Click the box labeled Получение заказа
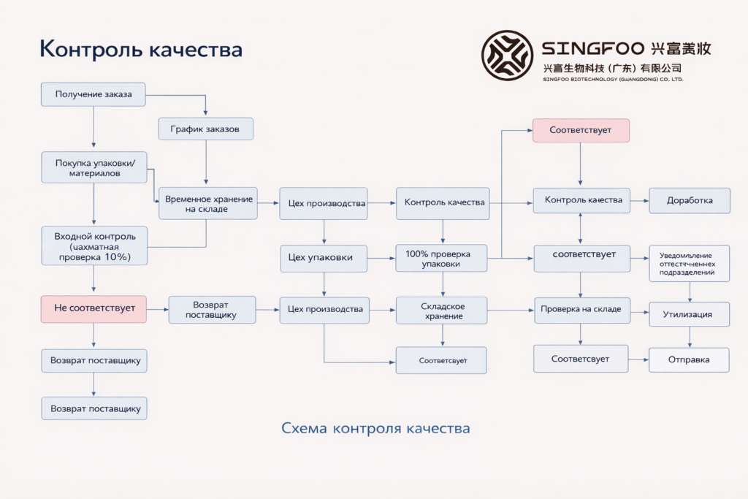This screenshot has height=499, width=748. click(x=93, y=94)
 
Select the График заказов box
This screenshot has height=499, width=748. click(x=206, y=129)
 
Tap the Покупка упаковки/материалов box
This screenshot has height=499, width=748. click(x=93, y=168)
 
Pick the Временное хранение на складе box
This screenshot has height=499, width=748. click(x=208, y=204)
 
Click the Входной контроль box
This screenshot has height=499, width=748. click(x=93, y=246)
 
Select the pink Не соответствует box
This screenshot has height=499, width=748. click(x=93, y=308)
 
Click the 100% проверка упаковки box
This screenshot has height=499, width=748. click(x=441, y=258)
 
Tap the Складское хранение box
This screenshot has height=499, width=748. click(x=441, y=311)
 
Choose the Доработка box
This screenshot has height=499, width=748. click(x=689, y=200)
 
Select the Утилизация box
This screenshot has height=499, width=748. click(x=689, y=314)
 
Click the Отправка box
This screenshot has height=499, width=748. click(x=689, y=359)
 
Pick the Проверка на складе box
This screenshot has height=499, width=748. click(x=581, y=309)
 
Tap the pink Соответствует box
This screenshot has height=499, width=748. click(x=581, y=130)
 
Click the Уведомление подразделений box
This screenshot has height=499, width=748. click(x=689, y=263)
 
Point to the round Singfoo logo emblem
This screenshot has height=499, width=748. click(x=507, y=56)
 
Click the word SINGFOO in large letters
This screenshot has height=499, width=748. click(x=592, y=49)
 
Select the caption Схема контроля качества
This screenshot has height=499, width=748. click(x=375, y=428)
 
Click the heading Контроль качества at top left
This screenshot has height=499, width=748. click(x=140, y=49)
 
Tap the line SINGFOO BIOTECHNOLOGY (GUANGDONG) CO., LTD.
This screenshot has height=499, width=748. click(x=613, y=80)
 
